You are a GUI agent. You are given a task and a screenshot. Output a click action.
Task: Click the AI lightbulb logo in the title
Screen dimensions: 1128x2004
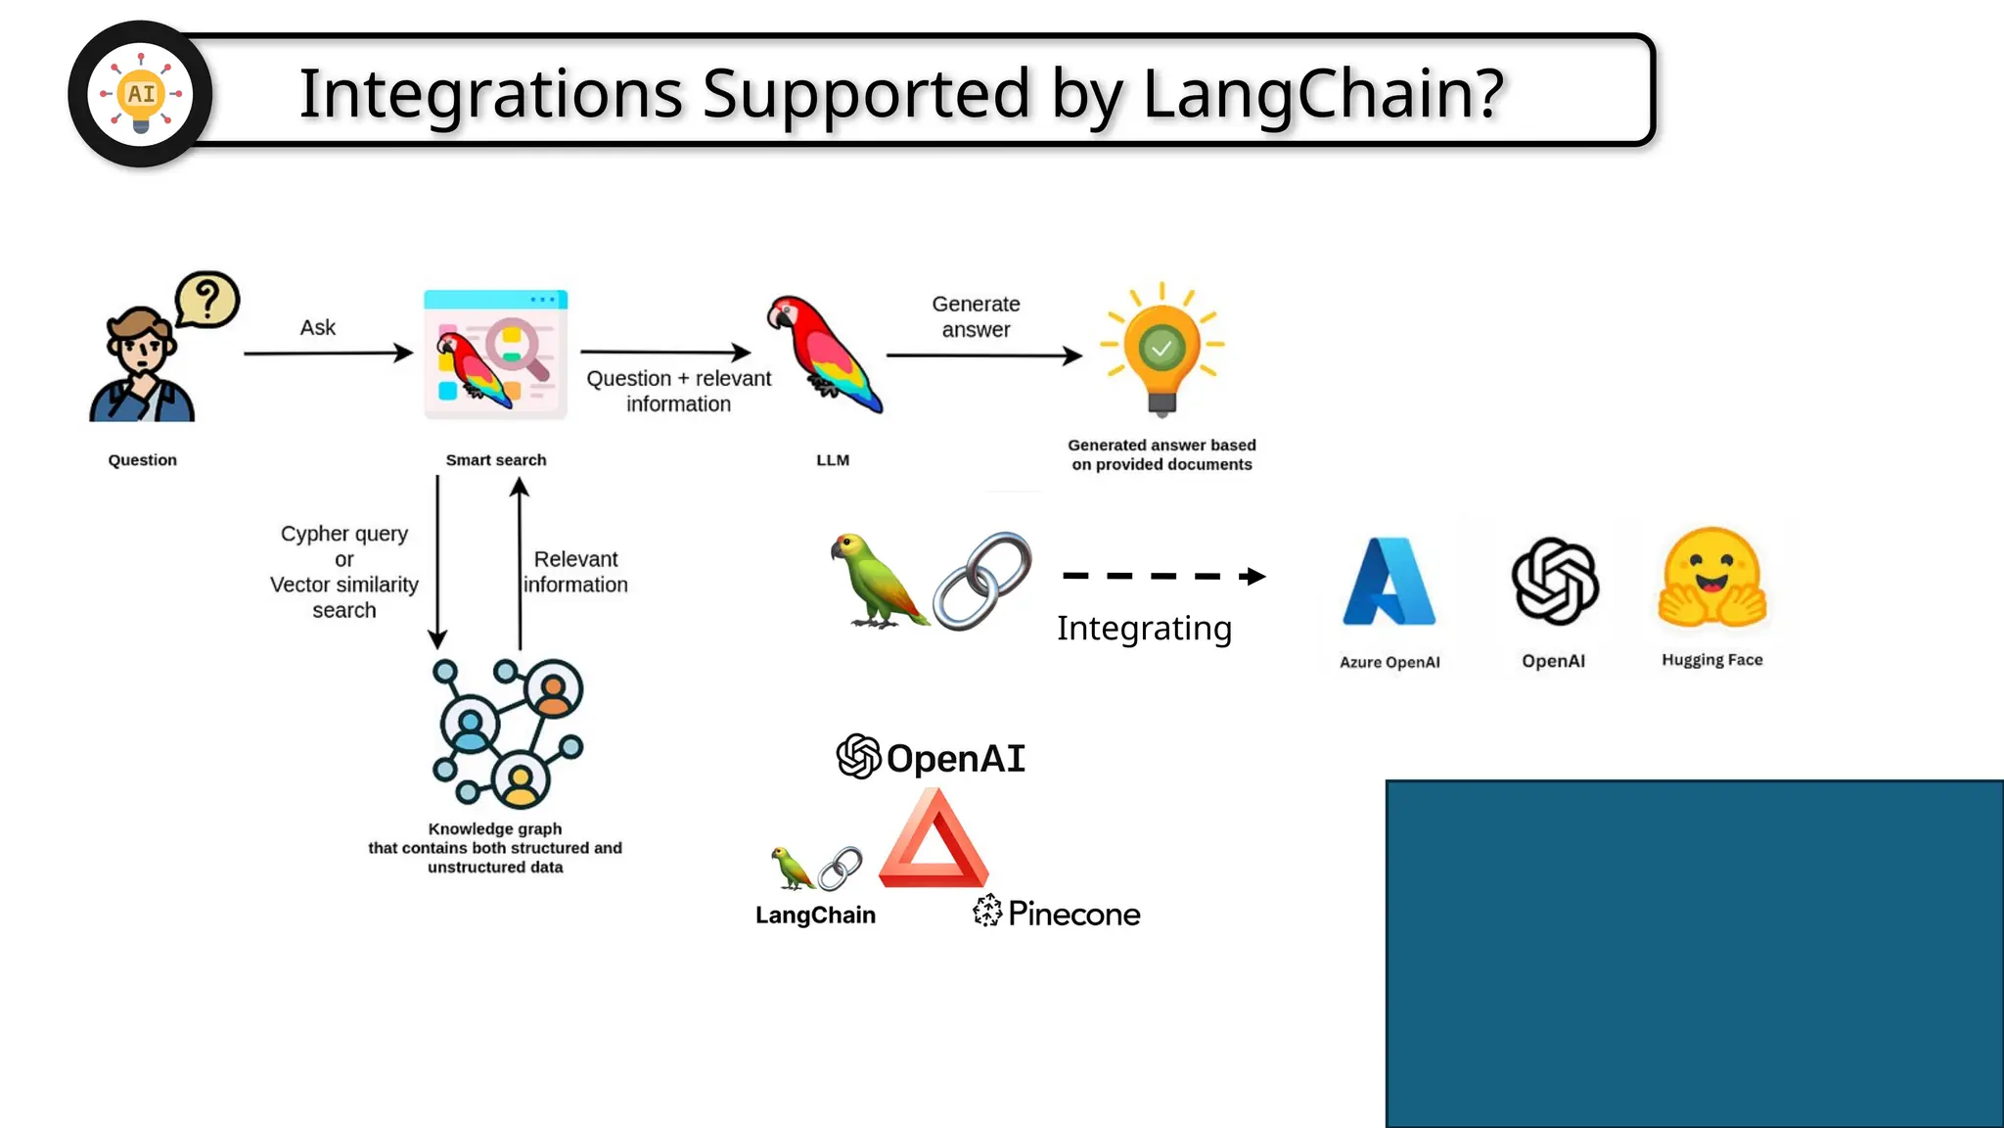141,94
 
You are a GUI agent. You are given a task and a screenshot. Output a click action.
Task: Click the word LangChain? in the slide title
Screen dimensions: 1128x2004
1322,94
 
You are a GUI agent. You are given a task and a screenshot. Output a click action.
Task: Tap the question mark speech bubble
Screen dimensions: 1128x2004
207,299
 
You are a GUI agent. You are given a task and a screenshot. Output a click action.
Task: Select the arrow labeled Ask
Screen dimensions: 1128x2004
328,352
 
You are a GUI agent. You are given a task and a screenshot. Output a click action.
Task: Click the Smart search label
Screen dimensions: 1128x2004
496,460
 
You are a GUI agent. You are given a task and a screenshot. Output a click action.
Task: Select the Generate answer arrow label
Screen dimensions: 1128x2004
976,317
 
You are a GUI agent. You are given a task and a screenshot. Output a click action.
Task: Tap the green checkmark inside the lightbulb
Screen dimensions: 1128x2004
1161,348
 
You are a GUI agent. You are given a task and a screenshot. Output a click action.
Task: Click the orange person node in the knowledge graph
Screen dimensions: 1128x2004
554,690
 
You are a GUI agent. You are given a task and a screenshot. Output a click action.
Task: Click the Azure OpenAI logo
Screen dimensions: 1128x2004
1389,582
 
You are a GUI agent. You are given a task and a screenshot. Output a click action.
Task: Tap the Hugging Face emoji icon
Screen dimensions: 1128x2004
1711,578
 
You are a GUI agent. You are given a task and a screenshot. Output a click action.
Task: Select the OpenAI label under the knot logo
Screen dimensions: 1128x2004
1553,661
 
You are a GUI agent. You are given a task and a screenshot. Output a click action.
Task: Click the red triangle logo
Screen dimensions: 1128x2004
934,842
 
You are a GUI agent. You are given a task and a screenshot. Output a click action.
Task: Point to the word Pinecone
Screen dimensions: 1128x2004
1073,914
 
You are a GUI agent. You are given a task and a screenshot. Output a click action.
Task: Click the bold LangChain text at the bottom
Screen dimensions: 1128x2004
815,916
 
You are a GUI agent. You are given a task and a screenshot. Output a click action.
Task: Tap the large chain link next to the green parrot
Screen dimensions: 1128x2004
981,580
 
